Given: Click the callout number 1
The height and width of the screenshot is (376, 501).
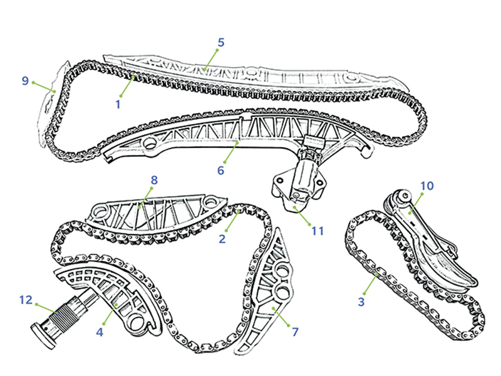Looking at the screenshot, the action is click(118, 105).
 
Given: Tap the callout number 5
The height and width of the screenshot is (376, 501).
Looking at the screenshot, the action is click(221, 43).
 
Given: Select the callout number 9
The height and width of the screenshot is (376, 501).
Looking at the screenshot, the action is click(25, 81).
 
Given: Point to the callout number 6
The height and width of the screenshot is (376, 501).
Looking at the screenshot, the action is click(221, 170).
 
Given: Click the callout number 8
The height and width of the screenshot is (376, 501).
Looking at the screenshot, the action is click(154, 180).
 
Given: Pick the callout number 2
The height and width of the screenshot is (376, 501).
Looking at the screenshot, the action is click(222, 239).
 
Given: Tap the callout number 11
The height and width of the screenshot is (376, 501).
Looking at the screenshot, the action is click(318, 231).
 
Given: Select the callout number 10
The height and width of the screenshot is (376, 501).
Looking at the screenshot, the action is click(427, 185).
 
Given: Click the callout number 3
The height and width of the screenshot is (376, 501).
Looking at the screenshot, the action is click(361, 301).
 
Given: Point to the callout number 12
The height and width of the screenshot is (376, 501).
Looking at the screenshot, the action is click(26, 300).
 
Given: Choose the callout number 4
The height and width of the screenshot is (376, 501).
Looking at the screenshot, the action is click(100, 332).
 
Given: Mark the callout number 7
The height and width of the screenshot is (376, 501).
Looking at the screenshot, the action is click(295, 332).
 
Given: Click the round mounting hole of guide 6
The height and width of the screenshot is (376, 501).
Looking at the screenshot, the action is click(150, 144).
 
